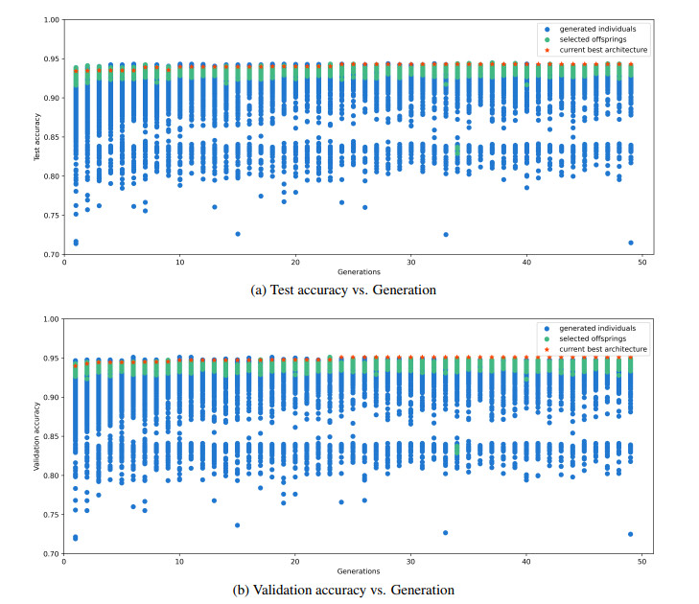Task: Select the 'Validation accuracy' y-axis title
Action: coord(36,436)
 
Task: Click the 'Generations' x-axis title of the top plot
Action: coord(352,271)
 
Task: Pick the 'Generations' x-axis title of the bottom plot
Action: coord(352,570)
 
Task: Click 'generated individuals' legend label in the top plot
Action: coord(596,30)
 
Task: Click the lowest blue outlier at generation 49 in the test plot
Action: coord(630,243)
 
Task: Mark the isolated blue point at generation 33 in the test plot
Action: coord(445,235)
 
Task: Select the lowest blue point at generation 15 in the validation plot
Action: coord(237,525)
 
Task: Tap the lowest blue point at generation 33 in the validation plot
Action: coord(445,533)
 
